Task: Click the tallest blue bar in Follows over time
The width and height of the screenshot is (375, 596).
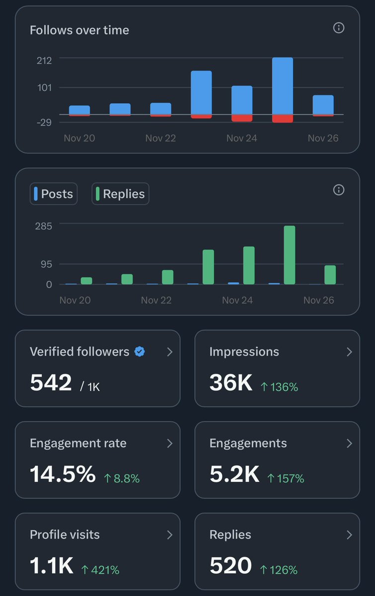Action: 283,86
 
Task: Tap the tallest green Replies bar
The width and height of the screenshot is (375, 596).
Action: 290,255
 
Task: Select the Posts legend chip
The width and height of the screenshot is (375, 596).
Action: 54,194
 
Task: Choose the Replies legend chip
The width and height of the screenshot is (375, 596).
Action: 120,194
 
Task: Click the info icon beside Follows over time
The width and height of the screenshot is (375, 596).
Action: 339,28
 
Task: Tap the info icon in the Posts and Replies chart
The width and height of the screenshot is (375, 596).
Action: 339,190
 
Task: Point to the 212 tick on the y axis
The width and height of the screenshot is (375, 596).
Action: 44,60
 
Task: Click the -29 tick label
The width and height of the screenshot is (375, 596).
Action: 44,122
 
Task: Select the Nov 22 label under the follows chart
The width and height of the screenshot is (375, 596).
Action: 160,138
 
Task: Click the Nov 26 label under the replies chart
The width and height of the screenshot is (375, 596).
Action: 318,300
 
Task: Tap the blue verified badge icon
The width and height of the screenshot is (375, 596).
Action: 140,352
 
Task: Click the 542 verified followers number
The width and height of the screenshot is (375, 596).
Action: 51,382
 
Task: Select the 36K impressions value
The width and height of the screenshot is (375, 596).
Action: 231,382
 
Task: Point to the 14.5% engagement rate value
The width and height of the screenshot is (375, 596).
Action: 63,474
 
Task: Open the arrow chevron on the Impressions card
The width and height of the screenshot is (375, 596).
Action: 349,352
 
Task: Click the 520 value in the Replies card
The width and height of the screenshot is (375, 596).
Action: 231,566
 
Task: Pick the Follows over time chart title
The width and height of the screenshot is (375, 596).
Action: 79,30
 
